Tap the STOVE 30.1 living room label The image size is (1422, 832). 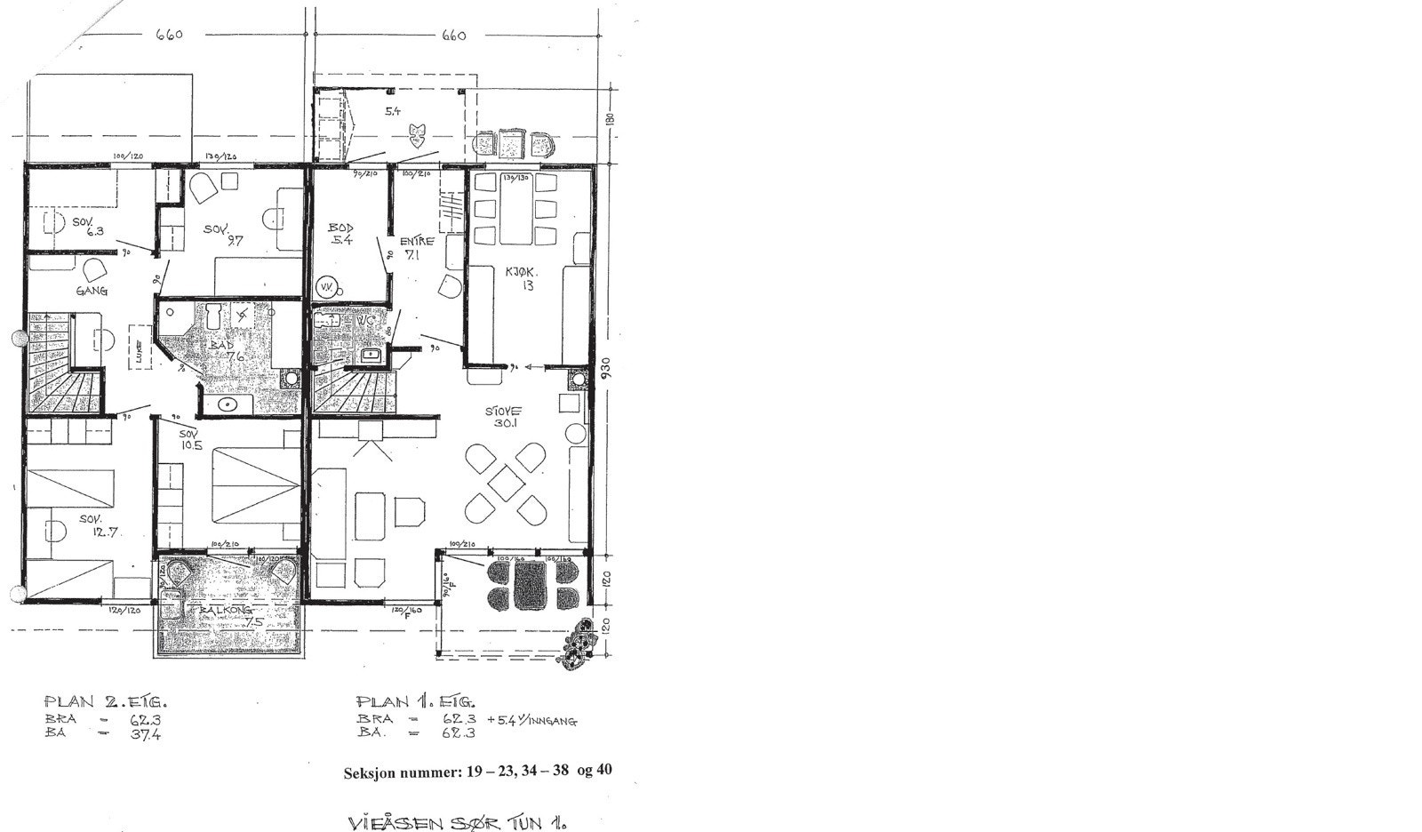pos(504,417)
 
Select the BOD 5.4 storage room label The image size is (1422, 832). pos(340,235)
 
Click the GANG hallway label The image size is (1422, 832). pos(92,291)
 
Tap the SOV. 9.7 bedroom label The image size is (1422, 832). pos(226,235)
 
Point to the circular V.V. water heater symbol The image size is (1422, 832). pos(326,287)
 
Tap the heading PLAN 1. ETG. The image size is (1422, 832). pos(415,700)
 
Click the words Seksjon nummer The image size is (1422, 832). pos(400,772)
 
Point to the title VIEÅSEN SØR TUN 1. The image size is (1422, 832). pos(459,820)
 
